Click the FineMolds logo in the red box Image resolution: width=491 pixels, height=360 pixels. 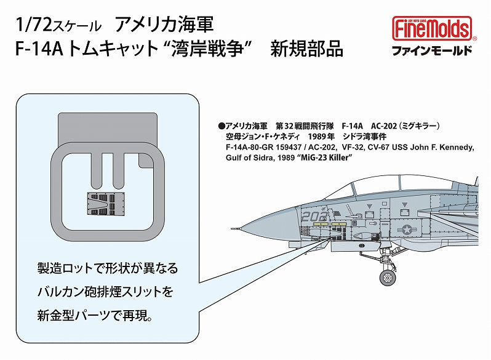(432, 28)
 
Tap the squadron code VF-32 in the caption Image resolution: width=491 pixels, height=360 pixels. (356, 148)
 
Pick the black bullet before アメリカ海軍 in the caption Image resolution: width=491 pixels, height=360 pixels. (222, 125)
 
